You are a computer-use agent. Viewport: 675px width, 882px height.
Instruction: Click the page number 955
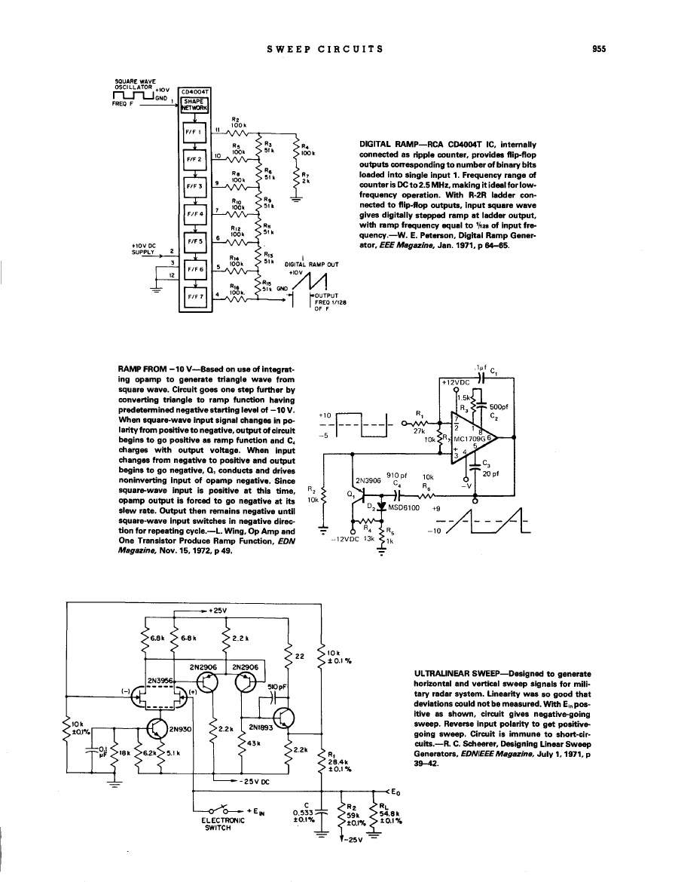[599, 50]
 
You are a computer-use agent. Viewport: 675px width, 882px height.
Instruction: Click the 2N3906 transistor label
[366, 479]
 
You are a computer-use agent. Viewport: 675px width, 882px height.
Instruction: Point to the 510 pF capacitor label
[267, 687]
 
